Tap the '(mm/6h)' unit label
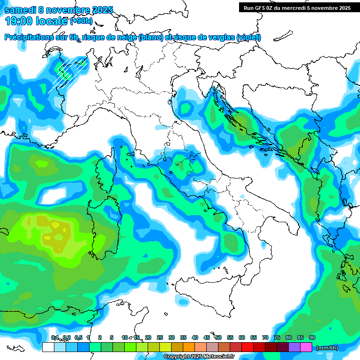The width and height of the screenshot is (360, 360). [327, 348]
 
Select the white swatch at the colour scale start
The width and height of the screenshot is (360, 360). [48, 347]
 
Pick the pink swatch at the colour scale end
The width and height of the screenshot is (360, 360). [306, 347]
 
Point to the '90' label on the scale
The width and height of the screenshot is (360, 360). [312, 337]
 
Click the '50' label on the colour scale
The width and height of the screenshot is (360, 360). [218, 337]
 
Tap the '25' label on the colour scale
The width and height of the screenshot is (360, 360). [160, 337]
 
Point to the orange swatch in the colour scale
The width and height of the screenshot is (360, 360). [189, 347]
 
